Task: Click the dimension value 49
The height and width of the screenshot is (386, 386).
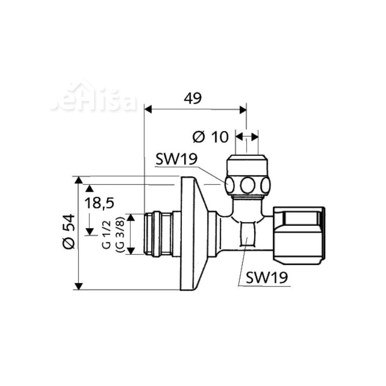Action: pyautogui.click(x=193, y=98)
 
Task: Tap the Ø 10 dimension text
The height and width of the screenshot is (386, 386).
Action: pyautogui.click(x=210, y=137)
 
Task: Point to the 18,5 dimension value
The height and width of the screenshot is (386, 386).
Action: pyautogui.click(x=99, y=203)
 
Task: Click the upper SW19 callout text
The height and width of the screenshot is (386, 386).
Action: pyautogui.click(x=177, y=159)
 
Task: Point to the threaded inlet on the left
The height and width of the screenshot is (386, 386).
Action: pyautogui.click(x=158, y=234)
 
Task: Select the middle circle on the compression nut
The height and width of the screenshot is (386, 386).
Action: pyautogui.click(x=248, y=185)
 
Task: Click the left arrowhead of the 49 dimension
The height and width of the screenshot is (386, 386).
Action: pyautogui.click(x=148, y=110)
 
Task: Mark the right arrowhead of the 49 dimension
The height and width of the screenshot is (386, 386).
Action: pyautogui.click(x=243, y=110)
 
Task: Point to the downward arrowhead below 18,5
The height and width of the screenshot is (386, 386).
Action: pyautogui.click(x=89, y=231)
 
